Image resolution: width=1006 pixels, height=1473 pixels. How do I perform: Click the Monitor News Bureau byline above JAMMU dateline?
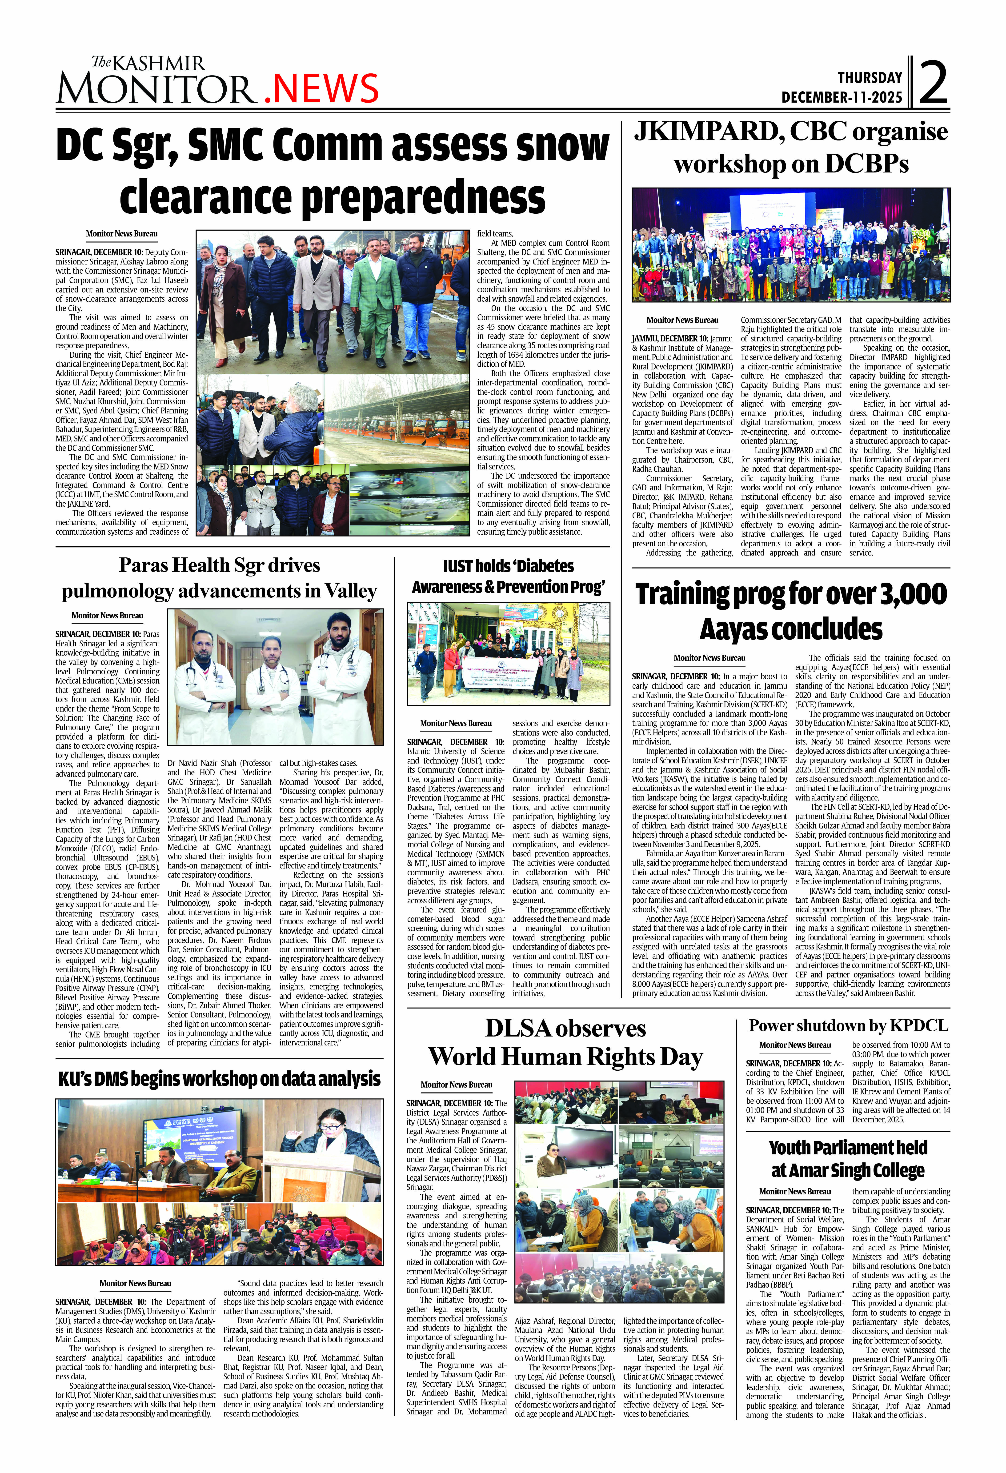682,320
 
